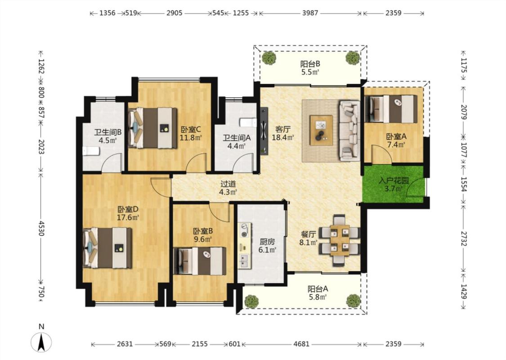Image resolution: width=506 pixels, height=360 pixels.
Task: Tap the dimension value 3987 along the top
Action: click(310, 13)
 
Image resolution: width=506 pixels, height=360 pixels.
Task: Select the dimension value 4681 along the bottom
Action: click(301, 344)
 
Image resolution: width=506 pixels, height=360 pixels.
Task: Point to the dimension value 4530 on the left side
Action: click(41, 228)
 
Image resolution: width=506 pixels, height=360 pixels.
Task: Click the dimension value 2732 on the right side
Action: click(463, 238)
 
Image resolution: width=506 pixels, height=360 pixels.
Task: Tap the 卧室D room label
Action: click(128, 209)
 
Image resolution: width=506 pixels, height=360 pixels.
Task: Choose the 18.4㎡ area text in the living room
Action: click(283, 138)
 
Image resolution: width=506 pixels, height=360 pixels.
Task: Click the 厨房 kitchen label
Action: click(268, 242)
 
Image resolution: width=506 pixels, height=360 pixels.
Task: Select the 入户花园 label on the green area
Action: click(394, 180)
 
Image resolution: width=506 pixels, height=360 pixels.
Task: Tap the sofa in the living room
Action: click(349, 130)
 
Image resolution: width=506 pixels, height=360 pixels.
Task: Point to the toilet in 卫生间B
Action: click(91, 151)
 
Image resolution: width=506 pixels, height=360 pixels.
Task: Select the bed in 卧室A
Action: click(391, 109)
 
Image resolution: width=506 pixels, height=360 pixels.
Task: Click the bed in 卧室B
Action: click(200, 261)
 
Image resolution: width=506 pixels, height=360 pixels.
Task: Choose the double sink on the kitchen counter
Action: click(244, 261)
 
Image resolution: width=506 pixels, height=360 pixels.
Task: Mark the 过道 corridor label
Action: click(228, 184)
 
